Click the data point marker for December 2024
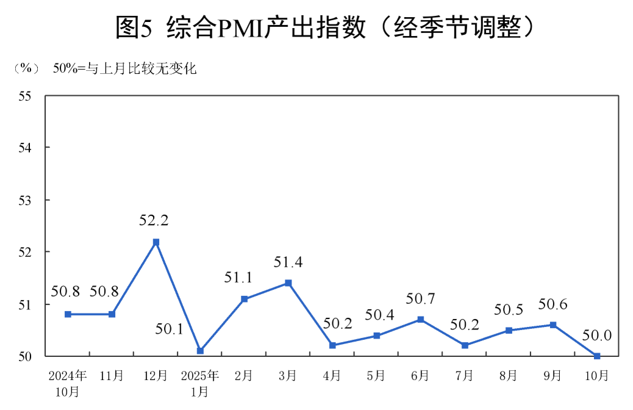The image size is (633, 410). click(156, 242)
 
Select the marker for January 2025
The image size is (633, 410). click(200, 351)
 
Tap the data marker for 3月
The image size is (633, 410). click(288, 283)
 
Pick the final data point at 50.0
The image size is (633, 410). click(597, 356)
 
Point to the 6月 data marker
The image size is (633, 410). click(421, 320)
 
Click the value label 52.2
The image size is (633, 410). click(154, 220)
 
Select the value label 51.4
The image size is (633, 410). click(288, 262)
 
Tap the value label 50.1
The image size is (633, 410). click(169, 330)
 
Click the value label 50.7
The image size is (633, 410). click(420, 299)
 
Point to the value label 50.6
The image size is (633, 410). click(553, 304)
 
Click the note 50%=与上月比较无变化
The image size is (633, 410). click(125, 68)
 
